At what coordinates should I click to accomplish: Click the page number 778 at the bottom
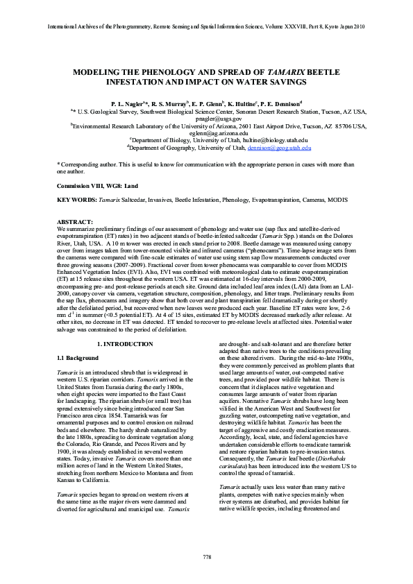[x=206, y=557]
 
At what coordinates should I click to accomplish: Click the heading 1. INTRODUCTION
[x=125, y=344]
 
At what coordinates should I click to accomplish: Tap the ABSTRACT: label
[x=75, y=221]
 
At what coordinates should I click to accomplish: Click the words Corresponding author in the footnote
[x=87, y=164]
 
